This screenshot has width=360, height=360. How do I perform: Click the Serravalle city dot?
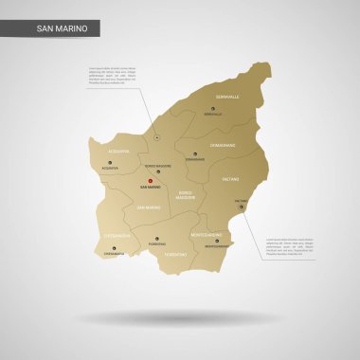coord(212,108)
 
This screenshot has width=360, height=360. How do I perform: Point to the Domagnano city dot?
coord(195,153)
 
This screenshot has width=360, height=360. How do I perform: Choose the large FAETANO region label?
coord(231,178)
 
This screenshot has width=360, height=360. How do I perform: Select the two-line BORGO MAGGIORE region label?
coord(185,196)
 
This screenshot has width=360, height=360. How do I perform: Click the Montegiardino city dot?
coord(217,241)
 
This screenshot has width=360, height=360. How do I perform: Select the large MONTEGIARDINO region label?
coord(207,233)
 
